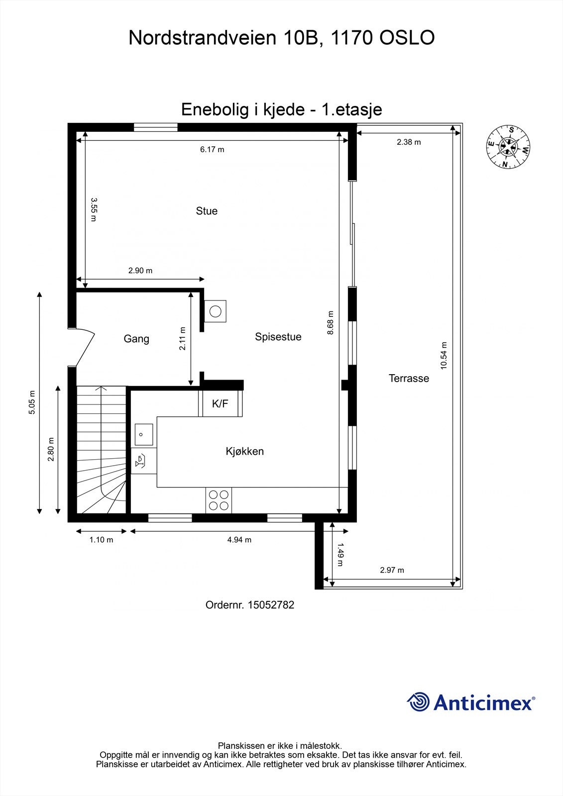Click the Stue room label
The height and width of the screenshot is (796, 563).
207,211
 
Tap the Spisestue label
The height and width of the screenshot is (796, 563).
278,337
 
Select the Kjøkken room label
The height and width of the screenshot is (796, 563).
244,451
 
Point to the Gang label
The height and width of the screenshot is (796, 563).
136,339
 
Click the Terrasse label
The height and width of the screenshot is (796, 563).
409,378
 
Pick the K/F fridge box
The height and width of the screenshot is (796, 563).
221,403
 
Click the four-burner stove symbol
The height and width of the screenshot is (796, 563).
219,500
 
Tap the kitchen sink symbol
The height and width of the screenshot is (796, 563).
143,434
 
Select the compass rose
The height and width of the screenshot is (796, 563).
508,147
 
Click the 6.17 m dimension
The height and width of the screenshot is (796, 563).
212,149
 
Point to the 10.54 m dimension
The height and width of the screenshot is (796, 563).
444,355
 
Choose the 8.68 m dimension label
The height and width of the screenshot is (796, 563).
331,322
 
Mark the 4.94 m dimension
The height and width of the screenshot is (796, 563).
239,540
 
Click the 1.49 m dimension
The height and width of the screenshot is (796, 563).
340,554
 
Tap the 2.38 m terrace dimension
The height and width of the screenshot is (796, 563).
409,142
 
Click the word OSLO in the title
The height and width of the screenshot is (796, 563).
407,38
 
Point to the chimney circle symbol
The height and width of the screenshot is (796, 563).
216,311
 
